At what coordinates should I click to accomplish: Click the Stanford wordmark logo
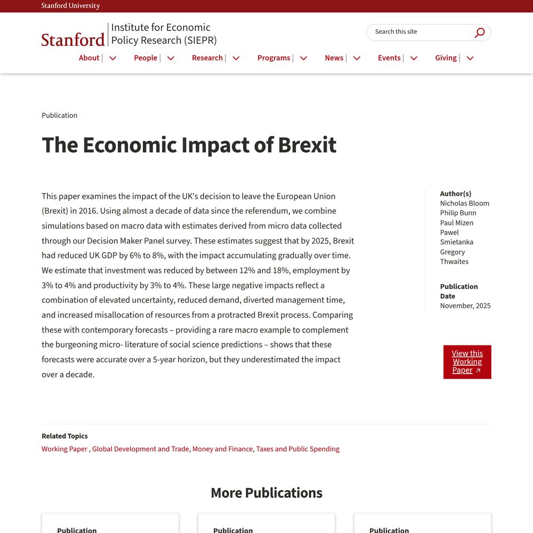tap(73, 39)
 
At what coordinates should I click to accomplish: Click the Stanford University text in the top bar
tap(70, 6)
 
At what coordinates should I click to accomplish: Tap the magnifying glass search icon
tap(480, 33)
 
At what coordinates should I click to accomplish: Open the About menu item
tap(89, 58)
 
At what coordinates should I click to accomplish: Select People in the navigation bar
tap(146, 58)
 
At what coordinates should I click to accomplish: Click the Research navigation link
tap(207, 58)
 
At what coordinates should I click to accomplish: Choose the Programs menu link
tap(274, 58)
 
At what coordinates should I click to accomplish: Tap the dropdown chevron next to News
tap(357, 58)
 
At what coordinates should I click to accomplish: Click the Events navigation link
tap(389, 58)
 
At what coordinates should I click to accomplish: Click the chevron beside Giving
tap(470, 58)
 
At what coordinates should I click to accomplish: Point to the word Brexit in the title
tap(307, 145)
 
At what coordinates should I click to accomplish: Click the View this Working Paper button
tap(467, 362)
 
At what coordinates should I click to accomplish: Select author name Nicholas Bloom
tap(464, 203)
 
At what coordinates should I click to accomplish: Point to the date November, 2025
tap(465, 305)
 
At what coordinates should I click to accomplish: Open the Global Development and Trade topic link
tap(140, 449)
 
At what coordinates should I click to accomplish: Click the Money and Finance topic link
tap(222, 449)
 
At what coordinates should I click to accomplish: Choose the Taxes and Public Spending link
tap(297, 449)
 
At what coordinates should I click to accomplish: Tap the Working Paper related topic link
tap(64, 449)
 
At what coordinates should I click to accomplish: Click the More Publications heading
tap(266, 492)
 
